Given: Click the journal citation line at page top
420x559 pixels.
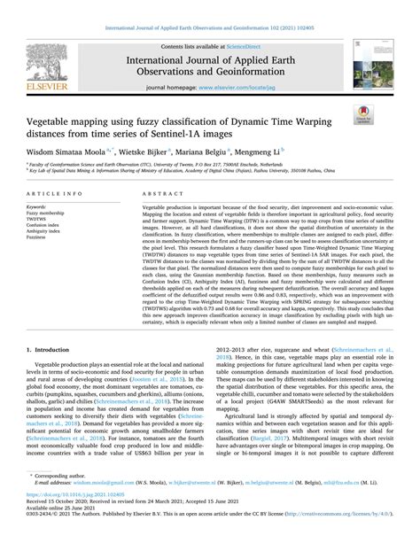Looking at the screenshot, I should click(209, 7).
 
